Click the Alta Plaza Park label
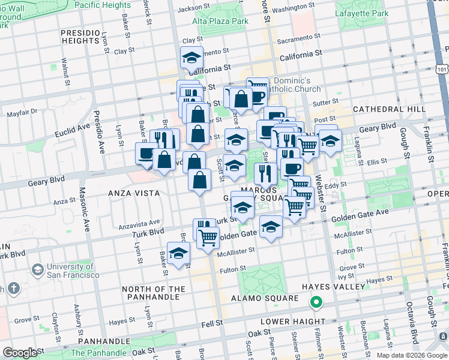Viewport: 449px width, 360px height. pos(220,21)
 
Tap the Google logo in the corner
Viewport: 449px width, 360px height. pos(20,353)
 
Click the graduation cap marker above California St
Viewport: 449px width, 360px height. pos(191,58)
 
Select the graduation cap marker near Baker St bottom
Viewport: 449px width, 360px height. pos(178,253)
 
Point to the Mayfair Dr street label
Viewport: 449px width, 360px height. pos(22,112)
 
